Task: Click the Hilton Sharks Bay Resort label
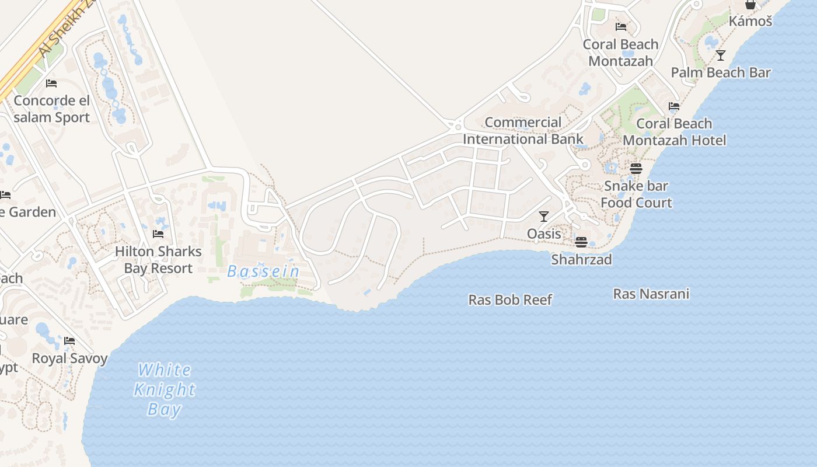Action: tap(158, 260)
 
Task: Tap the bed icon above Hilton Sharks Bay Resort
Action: tap(158, 234)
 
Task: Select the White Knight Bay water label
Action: tap(164, 389)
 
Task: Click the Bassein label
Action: tap(263, 271)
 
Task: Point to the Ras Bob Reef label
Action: tap(510, 300)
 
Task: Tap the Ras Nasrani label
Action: tap(651, 294)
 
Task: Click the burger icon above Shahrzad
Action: tap(581, 242)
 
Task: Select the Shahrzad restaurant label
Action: tap(581, 260)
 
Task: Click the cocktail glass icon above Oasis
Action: tap(544, 217)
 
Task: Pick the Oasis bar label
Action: tap(544, 234)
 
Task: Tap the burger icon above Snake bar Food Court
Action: tap(636, 169)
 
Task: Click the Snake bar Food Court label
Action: tap(636, 194)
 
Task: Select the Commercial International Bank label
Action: tap(523, 131)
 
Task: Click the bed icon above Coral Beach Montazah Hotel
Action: tap(674, 106)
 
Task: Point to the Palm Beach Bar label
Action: tap(721, 73)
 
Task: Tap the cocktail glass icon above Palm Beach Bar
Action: tap(721, 55)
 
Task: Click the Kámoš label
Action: tap(750, 22)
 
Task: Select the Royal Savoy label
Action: tap(69, 358)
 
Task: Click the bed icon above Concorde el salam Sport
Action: tap(51, 83)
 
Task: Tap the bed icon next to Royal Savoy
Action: tap(69, 341)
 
